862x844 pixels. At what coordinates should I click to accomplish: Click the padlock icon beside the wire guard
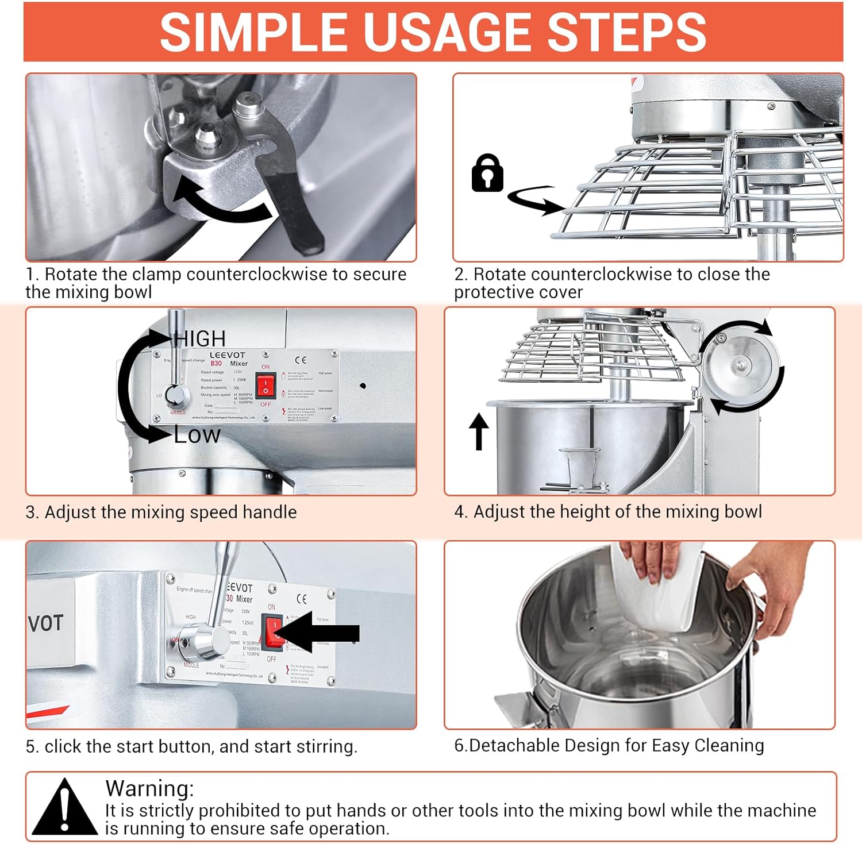point(487,173)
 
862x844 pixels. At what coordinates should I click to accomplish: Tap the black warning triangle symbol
point(65,807)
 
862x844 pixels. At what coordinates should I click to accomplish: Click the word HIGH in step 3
point(201,338)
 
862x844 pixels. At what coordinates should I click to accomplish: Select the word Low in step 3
point(197,435)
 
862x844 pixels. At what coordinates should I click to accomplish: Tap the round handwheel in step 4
point(740,367)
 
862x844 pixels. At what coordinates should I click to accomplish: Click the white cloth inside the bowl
point(655,592)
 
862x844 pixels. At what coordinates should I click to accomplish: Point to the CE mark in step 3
point(301,360)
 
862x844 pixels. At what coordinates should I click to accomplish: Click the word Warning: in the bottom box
point(149,788)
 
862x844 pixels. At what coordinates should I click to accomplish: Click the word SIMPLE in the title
point(253,32)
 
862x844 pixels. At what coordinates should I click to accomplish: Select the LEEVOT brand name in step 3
point(227,355)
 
